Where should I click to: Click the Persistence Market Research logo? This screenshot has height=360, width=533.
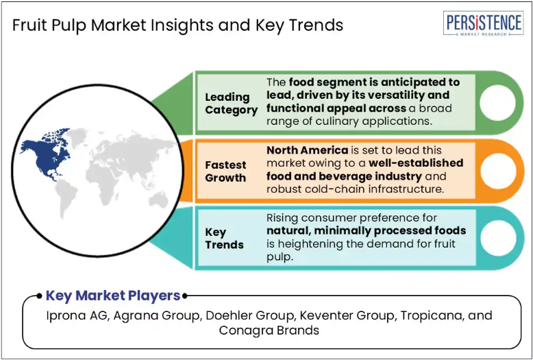(483, 23)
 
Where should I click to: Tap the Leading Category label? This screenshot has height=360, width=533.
(231, 104)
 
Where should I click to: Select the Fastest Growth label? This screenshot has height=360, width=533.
(225, 171)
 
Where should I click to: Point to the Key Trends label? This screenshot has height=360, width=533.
(224, 238)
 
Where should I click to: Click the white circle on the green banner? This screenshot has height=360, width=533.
(497, 103)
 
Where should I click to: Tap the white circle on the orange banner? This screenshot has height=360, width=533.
(497, 171)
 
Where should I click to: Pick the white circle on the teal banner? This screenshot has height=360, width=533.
(497, 238)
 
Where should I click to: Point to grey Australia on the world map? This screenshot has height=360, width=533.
(158, 200)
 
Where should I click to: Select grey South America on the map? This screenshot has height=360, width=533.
(67, 197)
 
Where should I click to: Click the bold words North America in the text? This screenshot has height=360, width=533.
(307, 150)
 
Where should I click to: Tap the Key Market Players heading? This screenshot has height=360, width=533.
(113, 296)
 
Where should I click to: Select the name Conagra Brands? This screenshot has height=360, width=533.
(269, 331)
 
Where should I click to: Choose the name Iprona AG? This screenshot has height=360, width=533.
(77, 315)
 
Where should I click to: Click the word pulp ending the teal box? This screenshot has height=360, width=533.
(280, 258)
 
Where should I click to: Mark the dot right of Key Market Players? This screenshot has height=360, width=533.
(184, 296)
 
